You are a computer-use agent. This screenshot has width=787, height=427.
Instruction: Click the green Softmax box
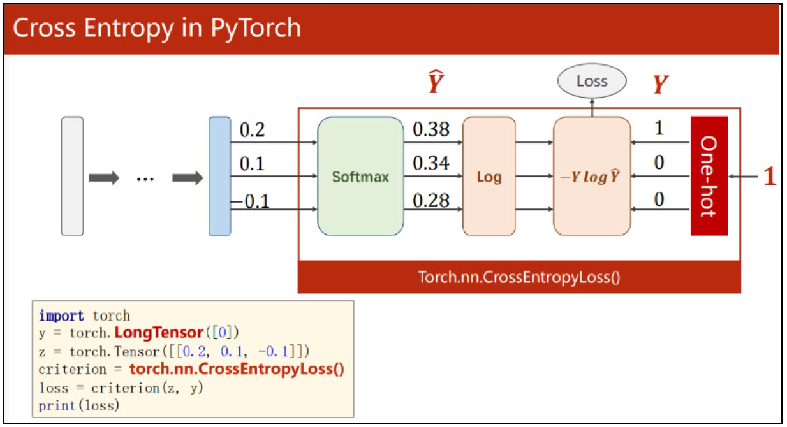point(360,177)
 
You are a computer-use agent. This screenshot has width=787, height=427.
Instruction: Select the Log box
point(489,177)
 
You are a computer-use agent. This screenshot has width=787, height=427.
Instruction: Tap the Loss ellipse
point(592,81)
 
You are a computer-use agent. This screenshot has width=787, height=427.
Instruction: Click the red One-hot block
point(709,176)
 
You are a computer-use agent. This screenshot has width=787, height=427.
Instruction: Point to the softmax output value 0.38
point(431,129)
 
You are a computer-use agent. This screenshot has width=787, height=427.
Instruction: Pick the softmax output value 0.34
point(431,163)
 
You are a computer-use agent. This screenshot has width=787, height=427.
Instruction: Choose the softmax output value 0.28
point(431,201)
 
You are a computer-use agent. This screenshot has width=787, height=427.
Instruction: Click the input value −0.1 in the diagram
point(251,201)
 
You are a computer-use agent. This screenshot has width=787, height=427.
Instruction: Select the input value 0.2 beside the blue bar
point(252,130)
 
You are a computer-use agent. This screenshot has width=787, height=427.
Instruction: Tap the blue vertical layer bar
point(220,177)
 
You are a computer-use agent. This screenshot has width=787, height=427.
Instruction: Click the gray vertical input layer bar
point(72,177)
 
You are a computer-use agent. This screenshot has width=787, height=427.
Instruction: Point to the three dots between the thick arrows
point(145,180)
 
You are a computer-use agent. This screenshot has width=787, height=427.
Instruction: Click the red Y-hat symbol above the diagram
point(436,82)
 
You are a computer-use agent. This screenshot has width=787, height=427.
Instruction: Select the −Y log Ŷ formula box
point(592,177)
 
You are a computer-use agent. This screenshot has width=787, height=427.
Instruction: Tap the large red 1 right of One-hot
point(769,176)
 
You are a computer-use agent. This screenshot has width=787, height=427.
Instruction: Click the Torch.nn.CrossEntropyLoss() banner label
point(519,277)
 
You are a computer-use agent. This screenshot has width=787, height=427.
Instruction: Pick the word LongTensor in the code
point(159,333)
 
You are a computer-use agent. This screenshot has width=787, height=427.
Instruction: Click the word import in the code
point(61,316)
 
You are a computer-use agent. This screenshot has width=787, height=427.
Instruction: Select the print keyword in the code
point(57,406)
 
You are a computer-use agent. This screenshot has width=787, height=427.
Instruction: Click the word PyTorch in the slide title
point(256,28)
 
